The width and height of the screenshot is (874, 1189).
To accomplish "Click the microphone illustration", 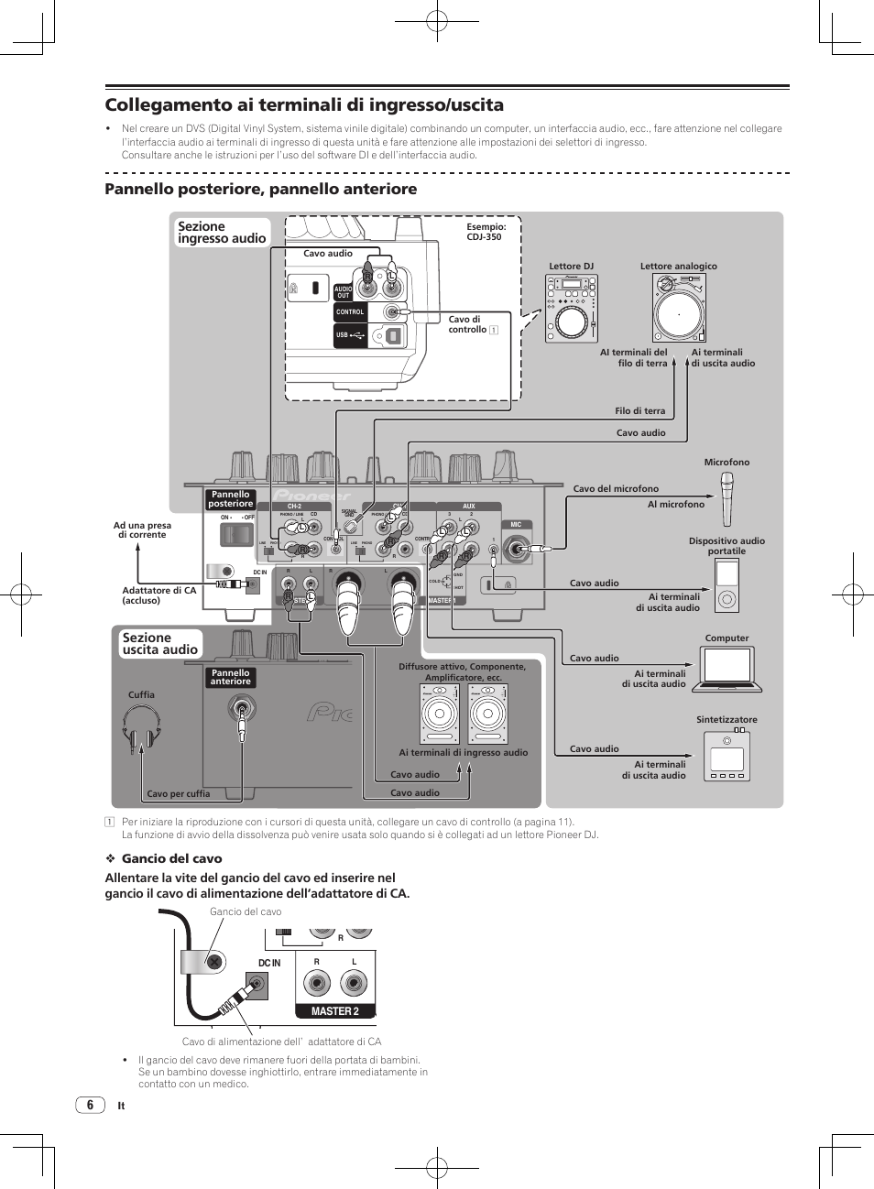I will (x=727, y=498).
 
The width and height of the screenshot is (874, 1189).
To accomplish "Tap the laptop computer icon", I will (x=727, y=669).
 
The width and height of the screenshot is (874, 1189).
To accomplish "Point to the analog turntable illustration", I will (x=679, y=309).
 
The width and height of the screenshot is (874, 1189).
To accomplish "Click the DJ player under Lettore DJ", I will (x=571, y=309).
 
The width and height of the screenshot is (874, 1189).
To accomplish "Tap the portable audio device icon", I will (x=727, y=586).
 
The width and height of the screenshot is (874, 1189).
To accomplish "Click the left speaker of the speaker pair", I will (x=439, y=714).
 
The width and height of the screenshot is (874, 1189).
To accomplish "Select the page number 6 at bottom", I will (x=90, y=1105).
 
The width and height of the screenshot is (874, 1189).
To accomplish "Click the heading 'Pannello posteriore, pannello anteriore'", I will (x=261, y=189).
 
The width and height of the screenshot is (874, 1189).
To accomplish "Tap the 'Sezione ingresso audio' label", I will (x=222, y=233).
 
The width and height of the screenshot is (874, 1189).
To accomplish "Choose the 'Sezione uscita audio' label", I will (x=160, y=644).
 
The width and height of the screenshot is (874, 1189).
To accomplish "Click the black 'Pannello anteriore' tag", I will (x=231, y=677).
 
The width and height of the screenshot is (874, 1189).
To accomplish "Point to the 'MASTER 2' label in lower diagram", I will (x=334, y=1011).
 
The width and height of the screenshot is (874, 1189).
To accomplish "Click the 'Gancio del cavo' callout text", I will (x=246, y=911).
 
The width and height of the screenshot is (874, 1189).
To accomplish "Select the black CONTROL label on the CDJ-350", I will (x=350, y=312).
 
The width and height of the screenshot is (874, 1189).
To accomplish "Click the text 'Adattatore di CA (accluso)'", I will (x=159, y=595).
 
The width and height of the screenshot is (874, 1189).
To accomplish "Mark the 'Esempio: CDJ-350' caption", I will (x=486, y=232).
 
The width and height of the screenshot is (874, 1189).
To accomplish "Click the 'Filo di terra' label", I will (x=639, y=411).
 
